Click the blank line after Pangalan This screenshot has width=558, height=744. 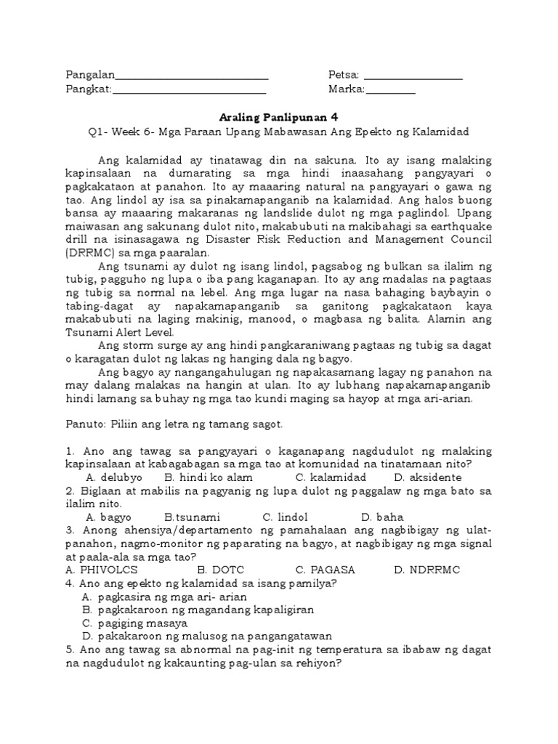click(x=192, y=76)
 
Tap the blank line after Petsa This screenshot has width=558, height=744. click(x=413, y=76)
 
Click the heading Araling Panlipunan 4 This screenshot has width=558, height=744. click(x=279, y=116)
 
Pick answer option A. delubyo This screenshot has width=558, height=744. click(x=114, y=477)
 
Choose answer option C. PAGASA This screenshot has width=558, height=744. click(x=325, y=570)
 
